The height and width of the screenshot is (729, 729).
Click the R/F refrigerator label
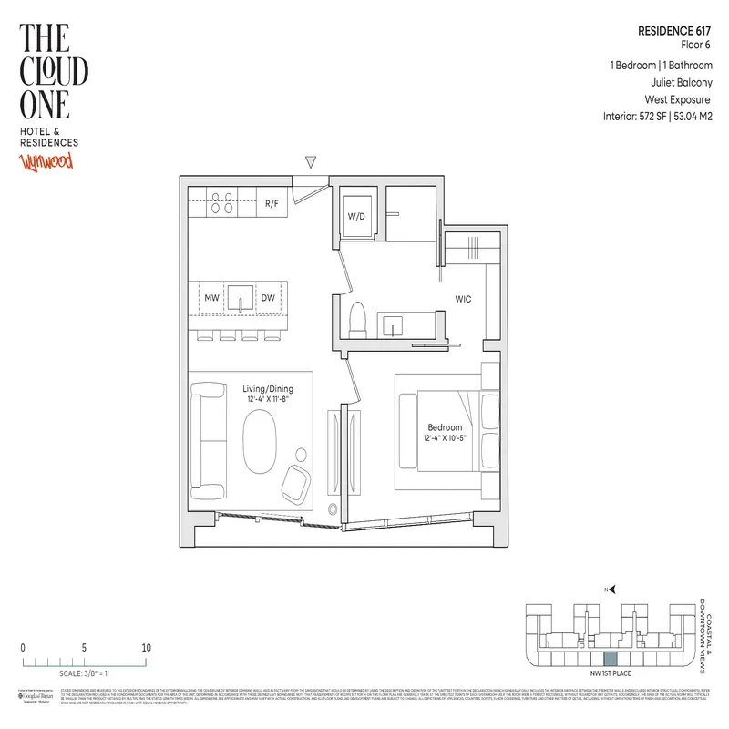(272, 203)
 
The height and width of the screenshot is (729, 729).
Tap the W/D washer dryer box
(356, 217)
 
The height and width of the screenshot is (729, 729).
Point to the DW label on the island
(269, 297)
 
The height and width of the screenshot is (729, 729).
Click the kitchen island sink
(239, 297)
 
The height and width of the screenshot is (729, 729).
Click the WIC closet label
(464, 298)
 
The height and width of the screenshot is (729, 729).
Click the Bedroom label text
(445, 426)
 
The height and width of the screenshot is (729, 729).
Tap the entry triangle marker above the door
(311, 162)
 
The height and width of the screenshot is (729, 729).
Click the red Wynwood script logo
(46, 163)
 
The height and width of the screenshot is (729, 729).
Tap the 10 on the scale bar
(146, 648)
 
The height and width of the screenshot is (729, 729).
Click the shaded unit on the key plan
(611, 658)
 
